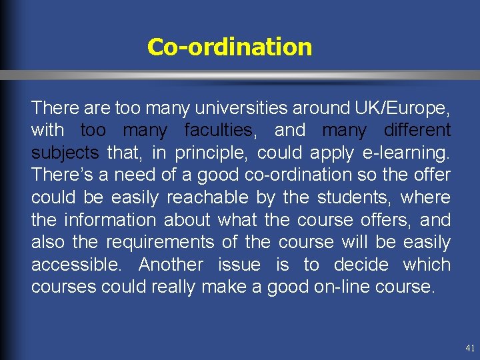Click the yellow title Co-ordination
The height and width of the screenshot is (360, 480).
229,47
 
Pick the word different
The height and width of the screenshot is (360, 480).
413,130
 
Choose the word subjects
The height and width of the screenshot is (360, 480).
65,153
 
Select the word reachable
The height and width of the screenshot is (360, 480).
207,198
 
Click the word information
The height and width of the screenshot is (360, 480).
107,220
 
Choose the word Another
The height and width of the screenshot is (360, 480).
171,265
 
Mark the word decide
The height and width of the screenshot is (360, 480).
361,265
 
